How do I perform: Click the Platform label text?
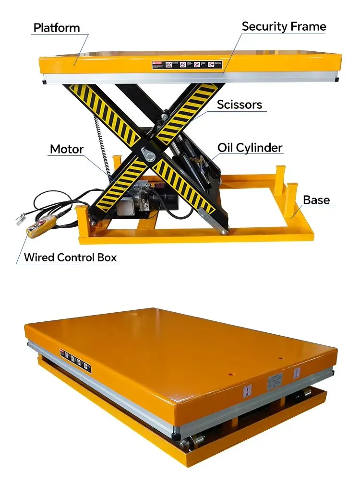click(56, 27)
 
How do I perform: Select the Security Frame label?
click(284, 26)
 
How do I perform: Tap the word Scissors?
click(240, 105)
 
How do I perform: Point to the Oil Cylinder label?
click(250, 147)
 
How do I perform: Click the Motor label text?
click(67, 149)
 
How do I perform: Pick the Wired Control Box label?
click(70, 257)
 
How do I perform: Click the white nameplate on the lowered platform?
click(274, 383)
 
